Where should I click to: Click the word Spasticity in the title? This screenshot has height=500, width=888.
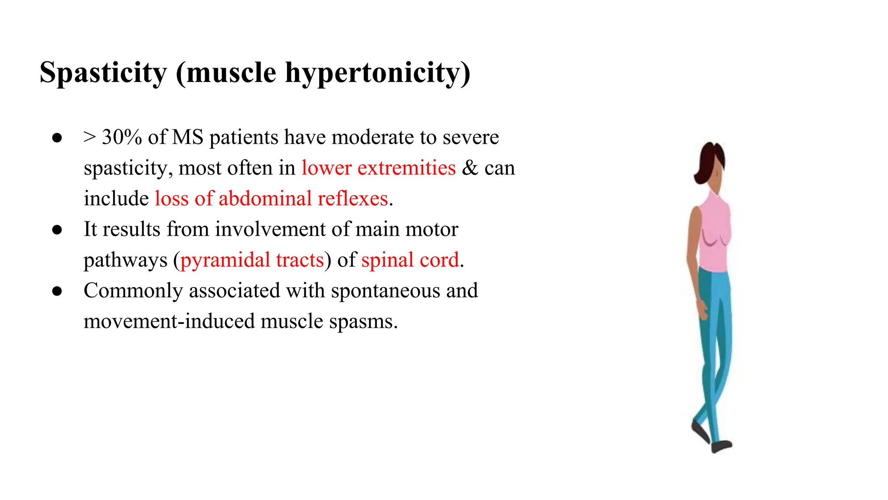pos(103,72)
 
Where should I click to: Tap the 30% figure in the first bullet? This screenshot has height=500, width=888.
pos(122,138)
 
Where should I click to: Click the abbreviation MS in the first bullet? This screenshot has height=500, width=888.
pos(188,138)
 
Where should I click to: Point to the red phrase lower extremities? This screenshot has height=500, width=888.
pos(379,168)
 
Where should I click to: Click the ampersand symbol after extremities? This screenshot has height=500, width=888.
pos(470,168)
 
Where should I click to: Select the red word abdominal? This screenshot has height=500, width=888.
pos(265,199)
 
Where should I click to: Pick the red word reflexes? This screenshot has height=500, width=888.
pos(353,199)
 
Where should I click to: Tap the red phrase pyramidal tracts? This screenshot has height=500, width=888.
pos(252,260)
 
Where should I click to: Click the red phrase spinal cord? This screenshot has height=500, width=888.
pos(410,260)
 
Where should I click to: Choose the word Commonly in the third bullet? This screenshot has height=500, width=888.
pos(133,291)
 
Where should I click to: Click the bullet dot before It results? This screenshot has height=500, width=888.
pos(57,230)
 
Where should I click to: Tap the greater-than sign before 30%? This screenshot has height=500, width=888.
pos(89,138)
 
